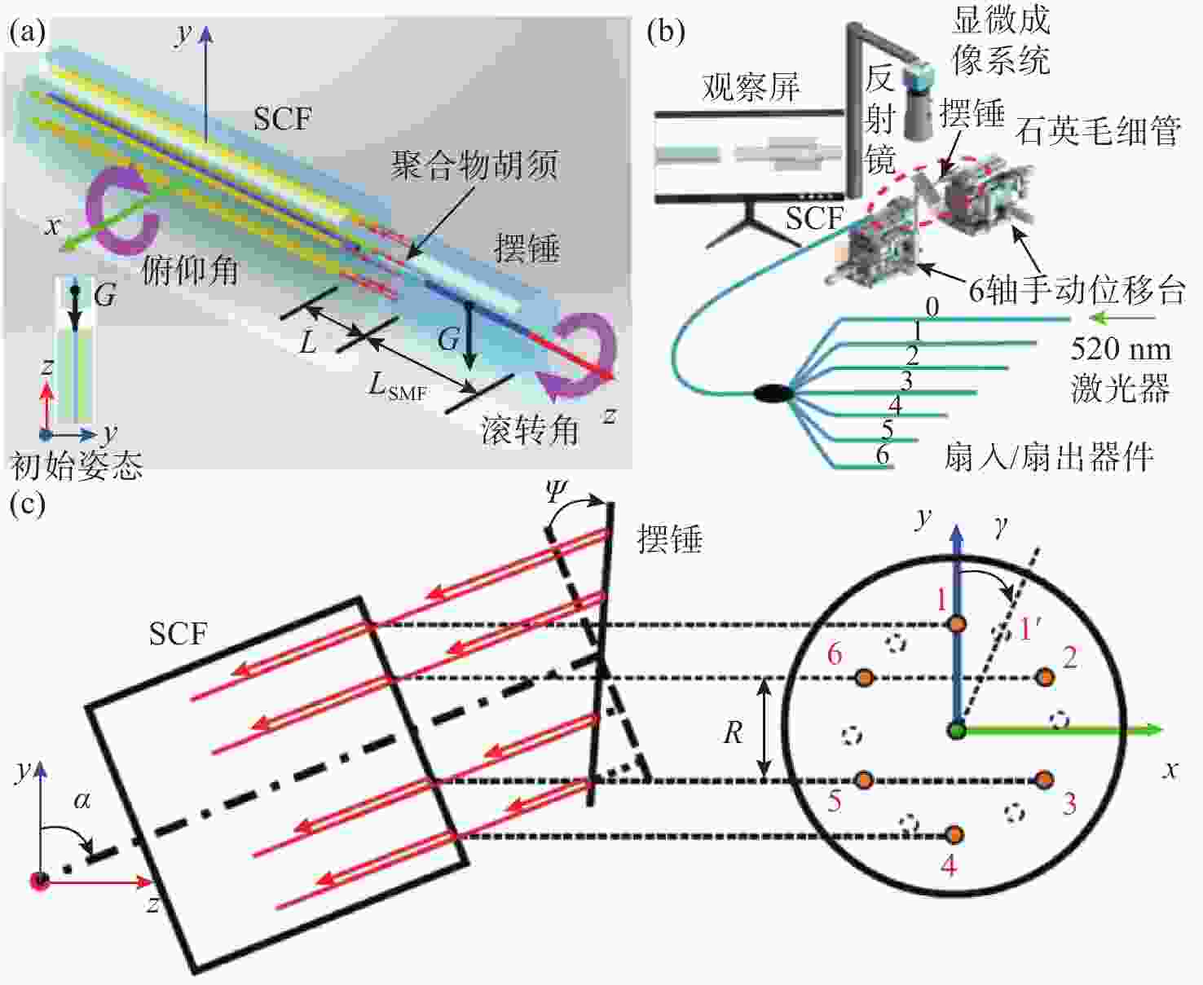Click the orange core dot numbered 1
pos(957,624)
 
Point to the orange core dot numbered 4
pos(954,834)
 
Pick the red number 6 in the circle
pos(835,653)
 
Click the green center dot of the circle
pos(957,730)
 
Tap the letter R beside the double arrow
pos(733,733)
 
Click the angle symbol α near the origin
pos(82,800)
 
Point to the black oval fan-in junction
pos(772,394)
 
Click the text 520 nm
pos(1120,350)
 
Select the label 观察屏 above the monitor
pos(751,87)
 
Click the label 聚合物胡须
pos(474,165)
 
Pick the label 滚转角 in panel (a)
pos(529,429)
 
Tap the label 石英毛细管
pos(1098,130)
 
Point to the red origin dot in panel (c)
pos(39,881)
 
